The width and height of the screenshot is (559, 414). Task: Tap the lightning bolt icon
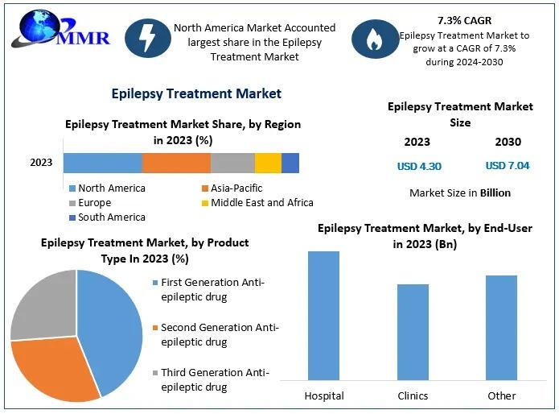point(151,40)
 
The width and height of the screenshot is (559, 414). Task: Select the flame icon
point(373,40)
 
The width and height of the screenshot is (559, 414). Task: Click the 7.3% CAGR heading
point(463,19)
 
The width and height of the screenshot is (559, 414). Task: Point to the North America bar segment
point(102,163)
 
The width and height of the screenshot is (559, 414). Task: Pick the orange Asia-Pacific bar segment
point(176,163)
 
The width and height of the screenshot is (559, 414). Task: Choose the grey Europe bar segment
point(232,163)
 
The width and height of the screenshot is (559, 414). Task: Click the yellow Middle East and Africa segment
point(268,163)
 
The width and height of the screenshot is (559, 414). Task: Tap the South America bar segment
point(290,163)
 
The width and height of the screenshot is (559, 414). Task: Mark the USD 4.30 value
point(419,167)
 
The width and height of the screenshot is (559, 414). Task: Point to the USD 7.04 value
point(508,167)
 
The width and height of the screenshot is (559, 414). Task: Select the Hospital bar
point(323,315)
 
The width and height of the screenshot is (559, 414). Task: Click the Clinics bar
point(413,331)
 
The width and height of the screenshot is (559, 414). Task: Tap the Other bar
point(501,327)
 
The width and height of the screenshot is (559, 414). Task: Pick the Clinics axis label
point(413,396)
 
